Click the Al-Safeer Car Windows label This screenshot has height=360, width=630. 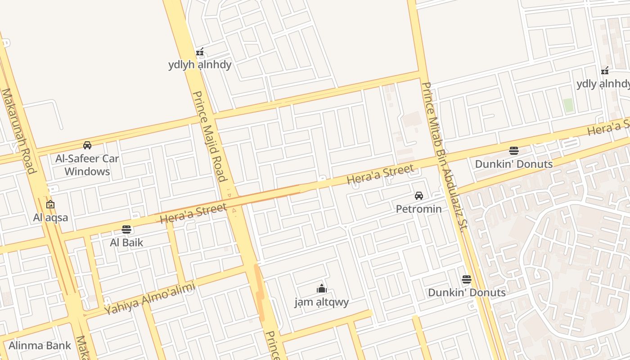[87, 165]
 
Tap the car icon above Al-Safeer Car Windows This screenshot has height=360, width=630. [87, 145]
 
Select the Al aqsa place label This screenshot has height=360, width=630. [51, 218]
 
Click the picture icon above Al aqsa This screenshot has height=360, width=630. [50, 204]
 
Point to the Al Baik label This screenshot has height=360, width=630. [126, 243]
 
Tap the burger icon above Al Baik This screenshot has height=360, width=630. [126, 229]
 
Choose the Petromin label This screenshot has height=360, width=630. [418, 209]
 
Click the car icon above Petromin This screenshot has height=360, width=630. [419, 196]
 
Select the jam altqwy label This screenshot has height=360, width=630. [321, 302]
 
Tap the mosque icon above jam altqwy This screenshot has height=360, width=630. [321, 288]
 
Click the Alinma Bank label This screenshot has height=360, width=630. [40, 346]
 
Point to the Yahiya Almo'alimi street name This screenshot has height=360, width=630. [150, 298]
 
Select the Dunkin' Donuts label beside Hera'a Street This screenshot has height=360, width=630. [513, 164]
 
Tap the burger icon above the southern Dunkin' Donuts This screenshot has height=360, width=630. [467, 279]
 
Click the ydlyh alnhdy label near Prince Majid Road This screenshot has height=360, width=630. [200, 65]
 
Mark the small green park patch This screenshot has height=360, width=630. [568, 105]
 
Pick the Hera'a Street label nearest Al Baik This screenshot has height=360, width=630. [193, 213]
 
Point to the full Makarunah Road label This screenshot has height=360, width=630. [18, 130]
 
